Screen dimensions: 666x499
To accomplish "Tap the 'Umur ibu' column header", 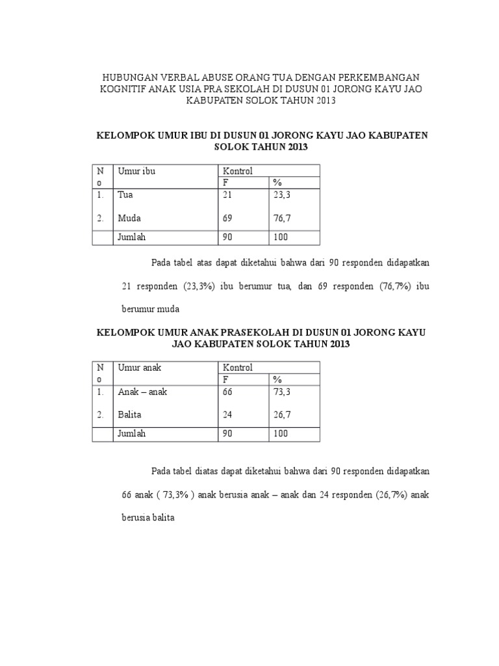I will pyautogui.click(x=136, y=171).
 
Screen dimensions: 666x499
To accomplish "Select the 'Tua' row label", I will pyautogui.click(x=124, y=194).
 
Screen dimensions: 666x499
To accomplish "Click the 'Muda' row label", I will pyautogui.click(x=129, y=218).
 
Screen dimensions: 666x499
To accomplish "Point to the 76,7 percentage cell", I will pyautogui.click(x=281, y=218).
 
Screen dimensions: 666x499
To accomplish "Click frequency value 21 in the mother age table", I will pyautogui.click(x=227, y=194).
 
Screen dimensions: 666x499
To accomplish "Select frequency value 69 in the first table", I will pyautogui.click(x=227, y=218).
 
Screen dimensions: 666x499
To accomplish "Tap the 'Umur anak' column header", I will pyautogui.click(x=139, y=367).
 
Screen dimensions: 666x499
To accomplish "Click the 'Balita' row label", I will pyautogui.click(x=130, y=414).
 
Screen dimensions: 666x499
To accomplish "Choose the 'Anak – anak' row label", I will pyautogui.click(x=142, y=392).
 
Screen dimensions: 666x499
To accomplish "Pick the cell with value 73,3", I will pyautogui.click(x=281, y=392).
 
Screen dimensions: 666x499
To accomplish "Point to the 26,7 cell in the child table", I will pyautogui.click(x=281, y=414).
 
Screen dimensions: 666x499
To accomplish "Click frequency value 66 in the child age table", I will pyautogui.click(x=227, y=392).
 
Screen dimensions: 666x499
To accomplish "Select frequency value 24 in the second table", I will pyautogui.click(x=227, y=414).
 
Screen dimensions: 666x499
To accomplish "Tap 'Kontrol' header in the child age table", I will pyautogui.click(x=238, y=367).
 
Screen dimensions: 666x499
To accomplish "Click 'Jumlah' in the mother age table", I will pyautogui.click(x=131, y=237).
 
